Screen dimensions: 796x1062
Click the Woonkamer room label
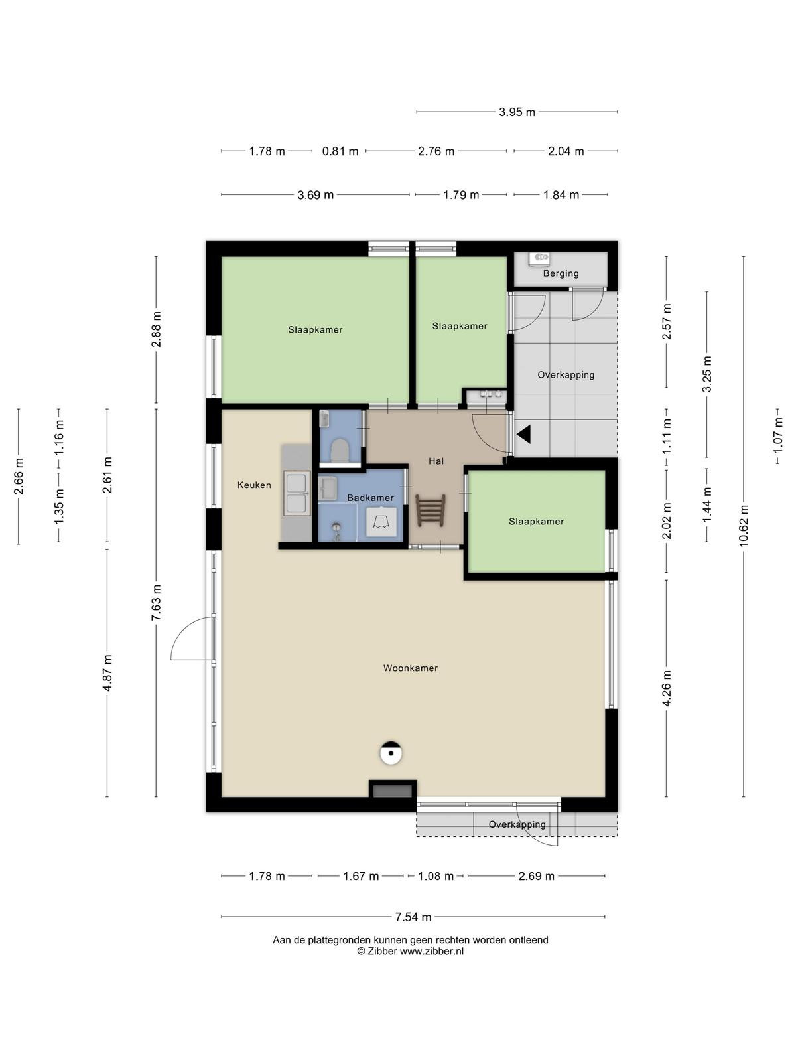(411, 668)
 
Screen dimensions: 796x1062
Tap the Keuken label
(254, 485)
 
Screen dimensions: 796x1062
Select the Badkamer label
(370, 498)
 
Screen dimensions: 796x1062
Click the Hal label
(436, 461)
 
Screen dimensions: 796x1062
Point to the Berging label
(561, 273)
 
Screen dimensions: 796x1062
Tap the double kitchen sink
(297, 493)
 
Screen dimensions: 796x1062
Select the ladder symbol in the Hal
(430, 510)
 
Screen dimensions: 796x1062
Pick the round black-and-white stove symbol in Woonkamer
(391, 753)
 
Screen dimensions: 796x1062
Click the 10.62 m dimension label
(744, 526)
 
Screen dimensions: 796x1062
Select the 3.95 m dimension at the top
(517, 112)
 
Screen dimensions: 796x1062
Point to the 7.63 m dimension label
(156, 603)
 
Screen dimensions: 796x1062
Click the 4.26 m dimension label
(667, 688)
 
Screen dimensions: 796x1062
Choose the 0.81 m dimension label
(340, 151)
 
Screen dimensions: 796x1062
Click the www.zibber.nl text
(432, 950)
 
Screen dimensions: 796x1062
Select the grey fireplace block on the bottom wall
(393, 791)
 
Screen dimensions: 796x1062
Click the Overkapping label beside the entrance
(566, 375)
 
